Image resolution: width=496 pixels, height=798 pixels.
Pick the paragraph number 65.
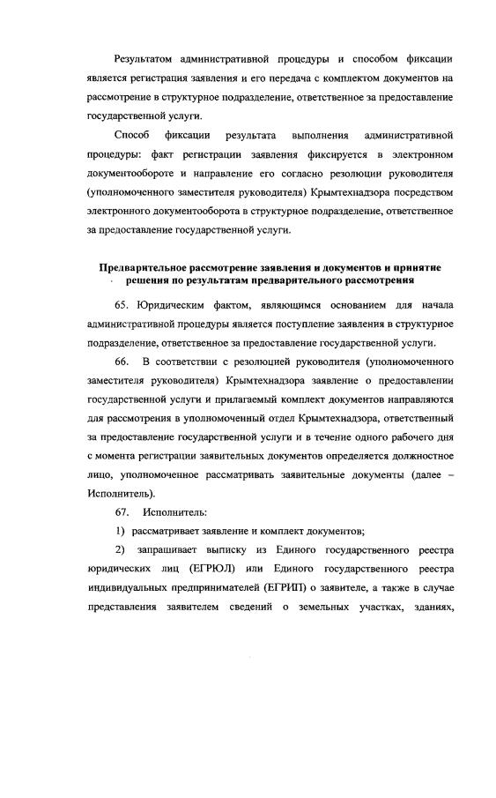(122, 305)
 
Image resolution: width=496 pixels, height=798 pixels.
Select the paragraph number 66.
(122, 362)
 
